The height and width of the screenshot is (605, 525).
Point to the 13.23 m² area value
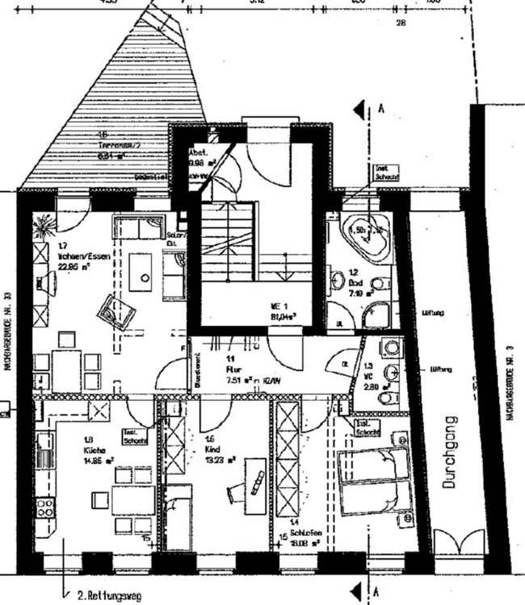(219, 460)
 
